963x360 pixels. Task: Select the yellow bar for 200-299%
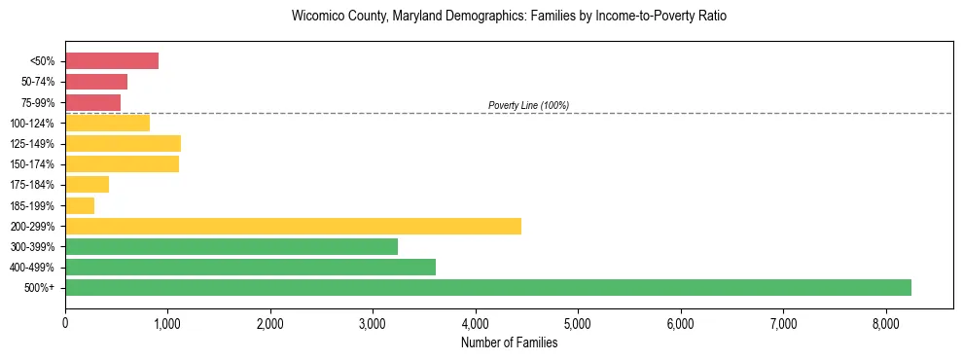(x=293, y=226)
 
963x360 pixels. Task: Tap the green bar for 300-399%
(x=232, y=246)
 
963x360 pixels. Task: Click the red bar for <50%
(x=112, y=60)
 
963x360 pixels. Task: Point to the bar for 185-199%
(x=80, y=205)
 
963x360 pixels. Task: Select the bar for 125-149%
(x=123, y=144)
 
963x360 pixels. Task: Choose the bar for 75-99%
(x=92, y=102)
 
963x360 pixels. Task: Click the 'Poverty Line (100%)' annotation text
(x=528, y=105)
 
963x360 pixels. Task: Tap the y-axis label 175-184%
(x=37, y=185)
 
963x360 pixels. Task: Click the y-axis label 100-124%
(x=37, y=124)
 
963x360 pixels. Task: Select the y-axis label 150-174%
(x=37, y=164)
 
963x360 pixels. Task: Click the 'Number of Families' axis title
(x=509, y=342)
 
